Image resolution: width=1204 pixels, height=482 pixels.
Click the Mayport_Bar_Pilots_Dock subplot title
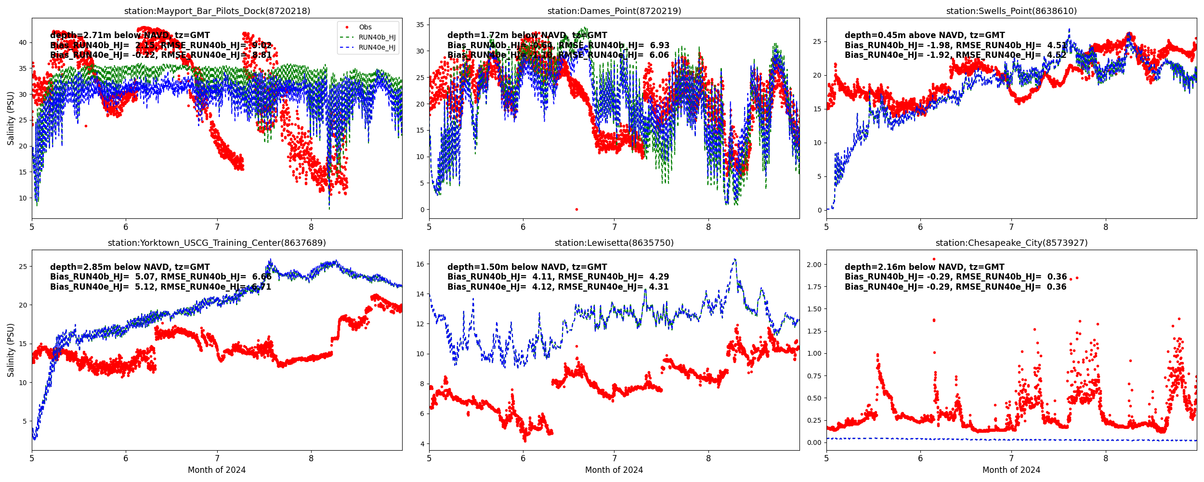point(217,11)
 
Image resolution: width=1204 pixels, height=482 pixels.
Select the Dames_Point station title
point(614,11)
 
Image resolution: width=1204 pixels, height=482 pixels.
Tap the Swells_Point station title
point(1011,11)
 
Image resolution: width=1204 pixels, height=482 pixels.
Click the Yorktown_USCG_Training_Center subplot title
point(217,243)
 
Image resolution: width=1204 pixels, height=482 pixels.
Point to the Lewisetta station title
point(614,243)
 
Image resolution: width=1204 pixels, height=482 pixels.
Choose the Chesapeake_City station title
point(1011,243)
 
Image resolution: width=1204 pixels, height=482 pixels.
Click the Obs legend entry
point(365,27)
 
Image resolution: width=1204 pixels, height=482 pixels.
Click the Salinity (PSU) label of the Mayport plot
point(11,118)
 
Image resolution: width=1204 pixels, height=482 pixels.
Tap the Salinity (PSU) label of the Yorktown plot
point(11,350)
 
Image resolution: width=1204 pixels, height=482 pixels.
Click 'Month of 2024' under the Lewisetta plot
point(614,470)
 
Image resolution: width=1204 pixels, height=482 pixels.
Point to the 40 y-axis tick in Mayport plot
point(23,42)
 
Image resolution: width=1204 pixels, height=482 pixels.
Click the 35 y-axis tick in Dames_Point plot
point(420,25)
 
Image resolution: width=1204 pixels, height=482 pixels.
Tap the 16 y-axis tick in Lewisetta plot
point(420,264)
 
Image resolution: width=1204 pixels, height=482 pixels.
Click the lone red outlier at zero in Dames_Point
point(576,210)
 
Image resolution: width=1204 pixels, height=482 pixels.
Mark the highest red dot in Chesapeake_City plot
point(934,259)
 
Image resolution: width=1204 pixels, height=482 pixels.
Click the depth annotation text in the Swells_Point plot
point(925,35)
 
